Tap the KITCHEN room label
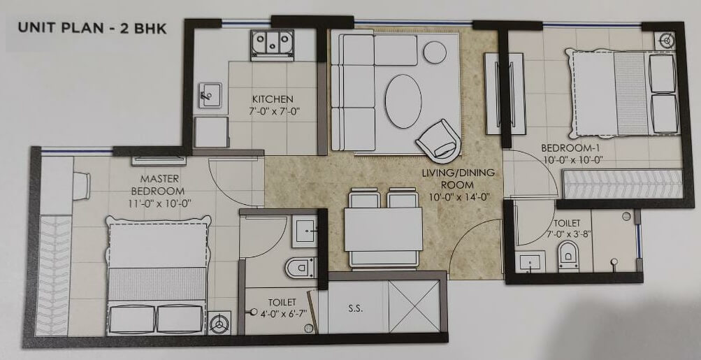tap(273, 99)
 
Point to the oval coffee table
tap(403, 101)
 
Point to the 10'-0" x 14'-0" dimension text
tap(458, 197)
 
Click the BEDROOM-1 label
tap(569, 148)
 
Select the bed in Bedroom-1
tap(624, 94)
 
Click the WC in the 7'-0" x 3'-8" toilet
tap(567, 255)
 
